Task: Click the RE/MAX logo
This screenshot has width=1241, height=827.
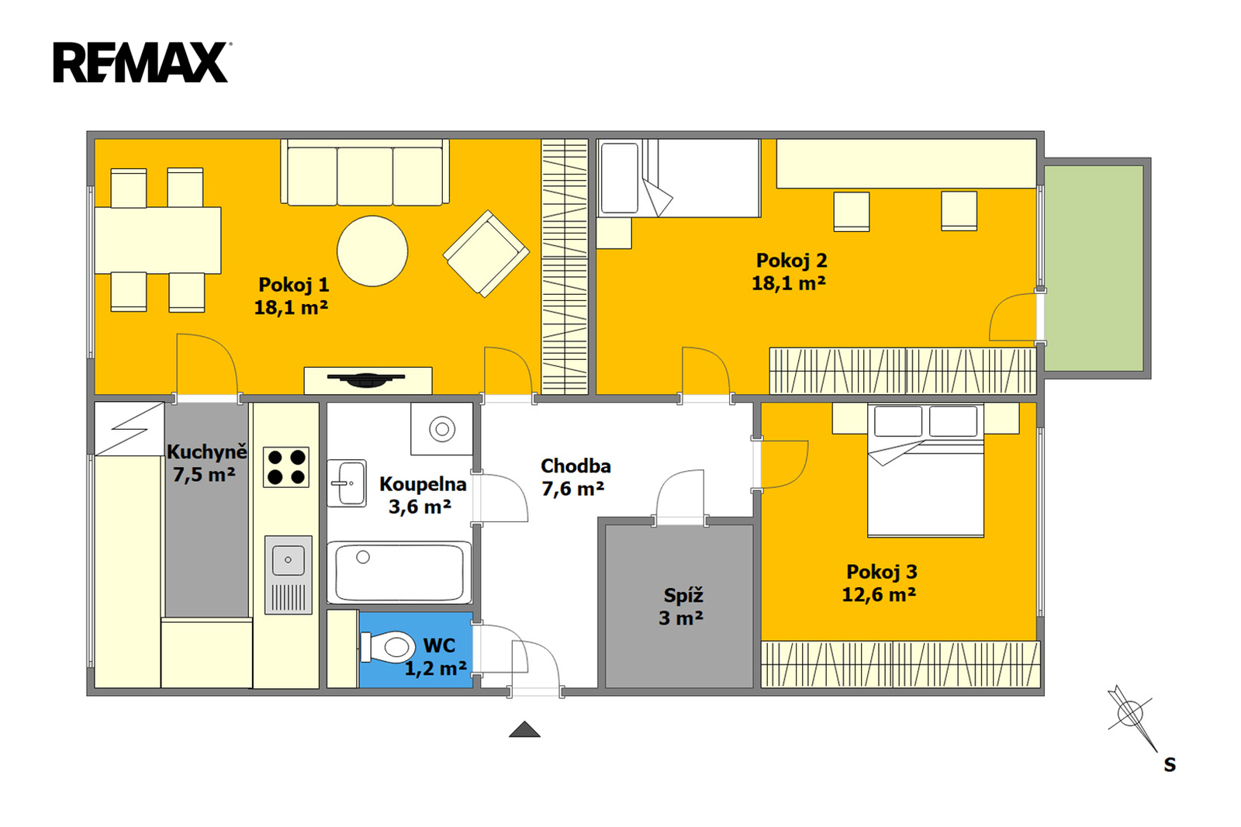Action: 142,62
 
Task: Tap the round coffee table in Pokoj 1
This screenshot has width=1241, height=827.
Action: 372,251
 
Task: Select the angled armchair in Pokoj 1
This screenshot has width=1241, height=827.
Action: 486,254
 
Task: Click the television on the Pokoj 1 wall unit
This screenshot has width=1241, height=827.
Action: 365,379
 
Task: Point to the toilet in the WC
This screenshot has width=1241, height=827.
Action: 387,646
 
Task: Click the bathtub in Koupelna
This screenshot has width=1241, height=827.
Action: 399,573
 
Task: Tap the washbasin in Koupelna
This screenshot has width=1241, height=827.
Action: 347,483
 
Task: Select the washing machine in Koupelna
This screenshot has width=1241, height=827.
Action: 441,428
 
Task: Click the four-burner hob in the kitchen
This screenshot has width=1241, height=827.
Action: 286,467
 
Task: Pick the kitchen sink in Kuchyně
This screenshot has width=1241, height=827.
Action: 288,575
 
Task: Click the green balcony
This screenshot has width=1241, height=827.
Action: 1094,268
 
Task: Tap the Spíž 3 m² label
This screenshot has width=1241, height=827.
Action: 682,607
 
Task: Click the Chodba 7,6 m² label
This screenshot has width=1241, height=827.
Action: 575,477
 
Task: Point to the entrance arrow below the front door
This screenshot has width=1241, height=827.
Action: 524,729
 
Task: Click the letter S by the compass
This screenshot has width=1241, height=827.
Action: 1170,766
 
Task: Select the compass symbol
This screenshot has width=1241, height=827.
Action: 1132,717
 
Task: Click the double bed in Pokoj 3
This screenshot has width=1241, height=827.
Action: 926,470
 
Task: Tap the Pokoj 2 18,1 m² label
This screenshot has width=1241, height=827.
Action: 790,272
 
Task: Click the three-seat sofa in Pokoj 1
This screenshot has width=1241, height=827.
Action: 365,171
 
